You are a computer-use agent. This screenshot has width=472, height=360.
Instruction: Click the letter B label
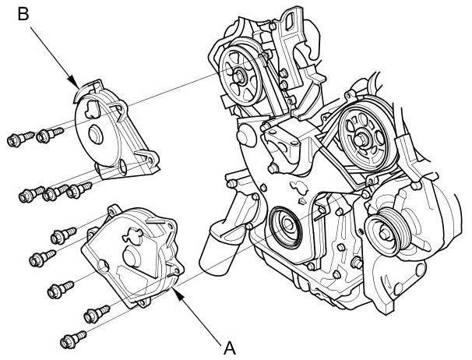(25, 14)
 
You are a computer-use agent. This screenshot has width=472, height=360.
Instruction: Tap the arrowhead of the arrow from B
(76, 84)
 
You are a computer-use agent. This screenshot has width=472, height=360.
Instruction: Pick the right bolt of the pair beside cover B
(47, 136)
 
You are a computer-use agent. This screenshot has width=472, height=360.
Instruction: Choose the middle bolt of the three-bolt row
(53, 192)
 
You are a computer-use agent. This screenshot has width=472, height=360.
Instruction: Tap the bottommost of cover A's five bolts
(71, 338)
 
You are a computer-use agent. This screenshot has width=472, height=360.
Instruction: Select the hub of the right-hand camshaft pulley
(362, 139)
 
